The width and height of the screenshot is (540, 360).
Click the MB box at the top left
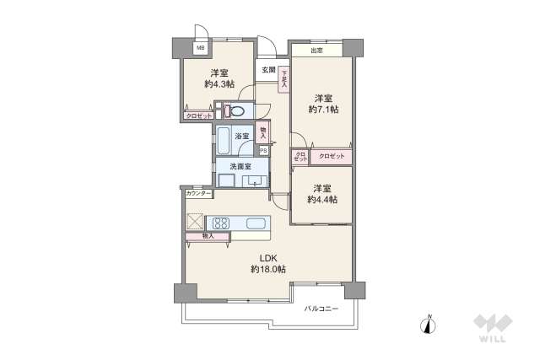(x=201, y=48)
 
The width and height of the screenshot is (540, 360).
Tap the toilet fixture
(x=237, y=110)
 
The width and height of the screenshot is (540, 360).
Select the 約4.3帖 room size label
(x=219, y=84)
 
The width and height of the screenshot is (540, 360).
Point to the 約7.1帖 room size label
(x=322, y=110)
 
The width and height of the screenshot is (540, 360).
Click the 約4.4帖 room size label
(x=321, y=200)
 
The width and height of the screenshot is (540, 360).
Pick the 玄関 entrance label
(x=267, y=70)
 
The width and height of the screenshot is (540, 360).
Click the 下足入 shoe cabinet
(x=284, y=79)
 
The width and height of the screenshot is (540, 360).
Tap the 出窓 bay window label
(x=316, y=51)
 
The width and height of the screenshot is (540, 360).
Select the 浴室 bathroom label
(x=241, y=136)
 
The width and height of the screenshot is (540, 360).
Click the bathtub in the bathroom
(x=224, y=140)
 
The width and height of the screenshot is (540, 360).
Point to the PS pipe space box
(x=262, y=151)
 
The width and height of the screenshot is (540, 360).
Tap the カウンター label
(x=199, y=195)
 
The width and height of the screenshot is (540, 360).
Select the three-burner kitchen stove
(x=221, y=223)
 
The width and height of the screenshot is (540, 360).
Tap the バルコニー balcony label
(x=321, y=309)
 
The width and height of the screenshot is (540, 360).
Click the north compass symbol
(x=429, y=324)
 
